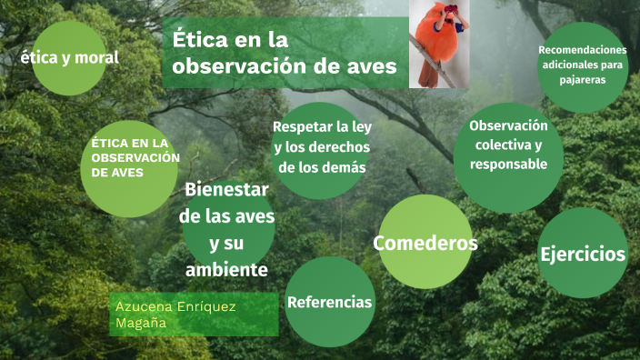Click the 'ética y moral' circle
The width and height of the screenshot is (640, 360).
pyautogui.click(x=68, y=58)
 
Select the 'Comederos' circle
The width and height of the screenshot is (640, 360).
pyautogui.click(x=425, y=243)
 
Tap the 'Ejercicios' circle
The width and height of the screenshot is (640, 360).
pyautogui.click(x=583, y=253)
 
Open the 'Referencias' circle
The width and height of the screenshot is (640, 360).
pyautogui.click(x=329, y=302)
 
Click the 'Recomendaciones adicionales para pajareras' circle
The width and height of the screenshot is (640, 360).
pyautogui.click(x=583, y=65)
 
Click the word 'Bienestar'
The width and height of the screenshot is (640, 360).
pyautogui.click(x=226, y=190)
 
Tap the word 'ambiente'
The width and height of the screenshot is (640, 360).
pyautogui.click(x=226, y=270)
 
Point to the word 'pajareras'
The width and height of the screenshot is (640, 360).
pyautogui.click(x=583, y=80)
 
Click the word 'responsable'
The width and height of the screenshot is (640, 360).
pyautogui.click(x=508, y=165)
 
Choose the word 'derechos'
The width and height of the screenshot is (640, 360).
pyautogui.click(x=334, y=147)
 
